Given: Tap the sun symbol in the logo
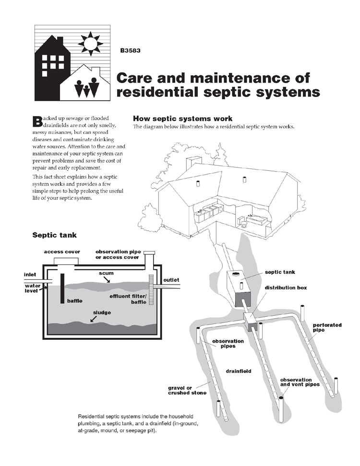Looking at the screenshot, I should click(90, 44).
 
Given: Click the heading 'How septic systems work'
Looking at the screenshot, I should click(182, 119).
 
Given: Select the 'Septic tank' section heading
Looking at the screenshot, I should click(54, 235).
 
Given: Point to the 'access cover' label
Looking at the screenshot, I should click(62, 251).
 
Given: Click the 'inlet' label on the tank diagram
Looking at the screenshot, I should click(30, 275).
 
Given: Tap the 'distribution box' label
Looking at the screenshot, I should click(286, 288).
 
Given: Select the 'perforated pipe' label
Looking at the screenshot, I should click(327, 327).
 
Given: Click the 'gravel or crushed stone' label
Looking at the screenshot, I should click(187, 390).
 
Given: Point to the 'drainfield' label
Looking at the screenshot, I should click(239, 371).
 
